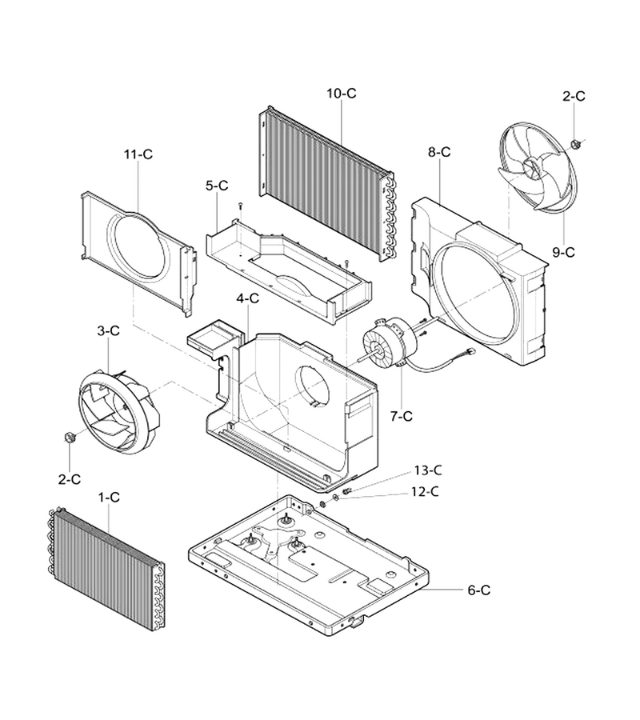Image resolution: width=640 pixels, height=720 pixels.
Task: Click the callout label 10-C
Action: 341,94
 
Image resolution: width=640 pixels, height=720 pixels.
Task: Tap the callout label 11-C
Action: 138,154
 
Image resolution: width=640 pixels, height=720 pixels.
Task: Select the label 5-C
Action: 217,186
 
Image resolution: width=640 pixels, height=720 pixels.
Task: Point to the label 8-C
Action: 439,152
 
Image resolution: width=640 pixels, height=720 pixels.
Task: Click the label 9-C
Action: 563,252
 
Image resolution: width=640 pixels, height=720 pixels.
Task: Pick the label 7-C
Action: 402,416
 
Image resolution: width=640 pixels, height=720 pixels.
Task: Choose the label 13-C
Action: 428,470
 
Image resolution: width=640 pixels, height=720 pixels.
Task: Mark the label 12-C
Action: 425,491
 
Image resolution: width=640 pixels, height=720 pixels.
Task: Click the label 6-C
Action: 479,590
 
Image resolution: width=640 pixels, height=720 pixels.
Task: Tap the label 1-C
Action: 109,497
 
